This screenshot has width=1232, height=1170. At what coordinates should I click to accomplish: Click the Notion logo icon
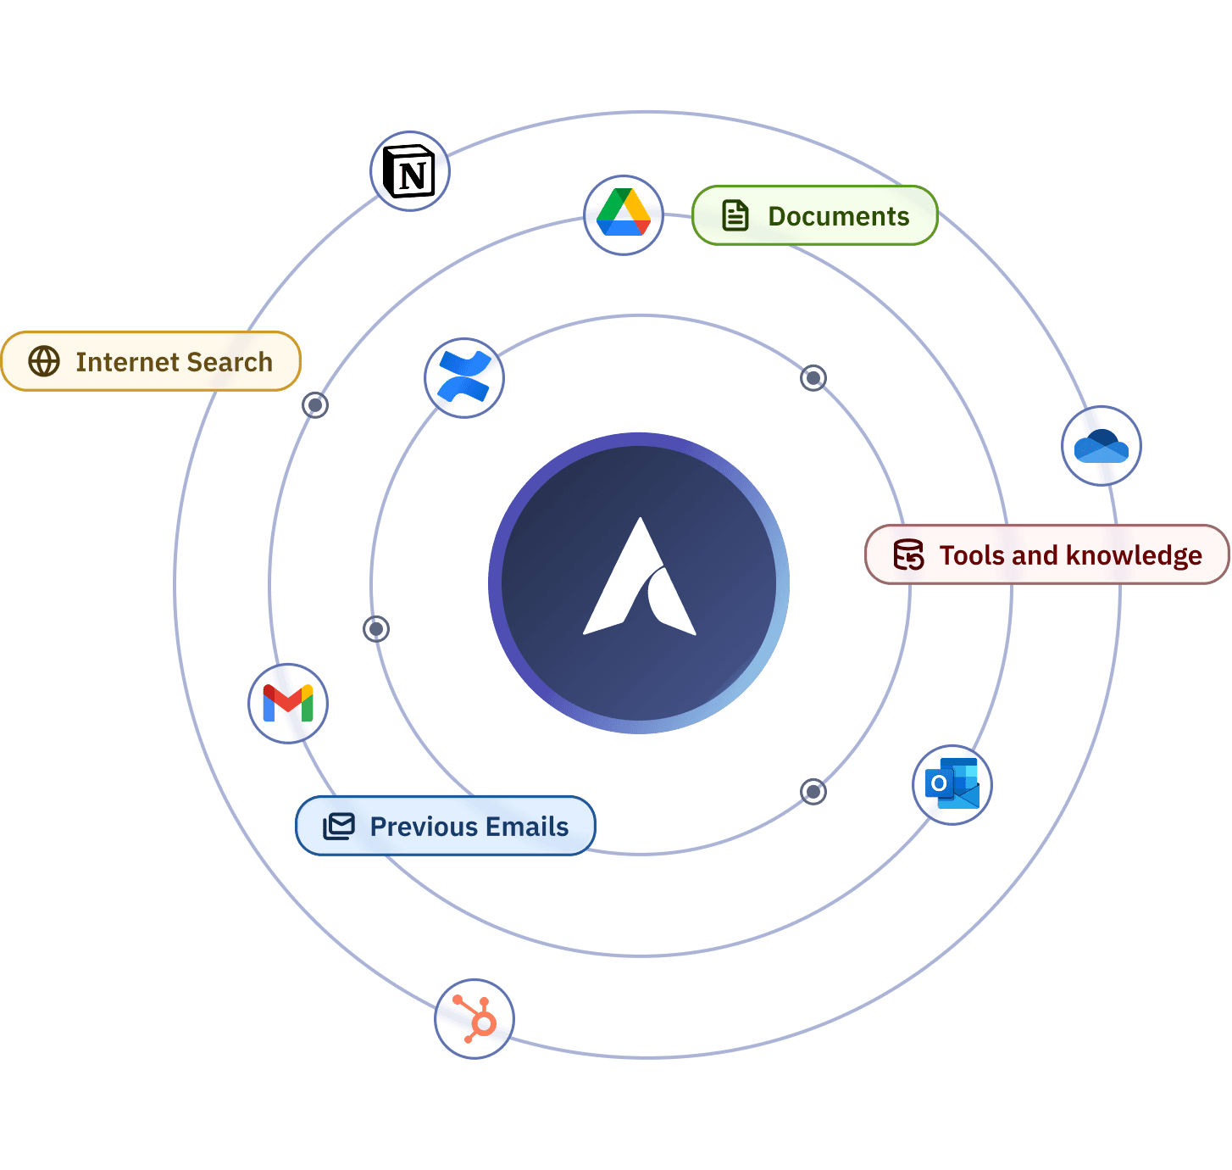click(x=409, y=171)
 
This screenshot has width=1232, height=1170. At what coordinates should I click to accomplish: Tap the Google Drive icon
click(x=624, y=214)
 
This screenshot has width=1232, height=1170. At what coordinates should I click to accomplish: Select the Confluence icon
click(x=463, y=378)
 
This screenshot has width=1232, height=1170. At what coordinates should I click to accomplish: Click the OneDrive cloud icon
click(x=1101, y=446)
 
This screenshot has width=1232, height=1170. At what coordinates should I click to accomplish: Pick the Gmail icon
click(x=288, y=704)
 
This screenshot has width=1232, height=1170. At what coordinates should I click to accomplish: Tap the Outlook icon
click(x=952, y=785)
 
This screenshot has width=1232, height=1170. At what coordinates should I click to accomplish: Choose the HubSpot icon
click(x=474, y=1018)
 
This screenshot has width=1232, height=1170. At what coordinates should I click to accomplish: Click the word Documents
click(x=838, y=216)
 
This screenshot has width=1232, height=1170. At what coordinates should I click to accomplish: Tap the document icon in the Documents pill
click(x=735, y=215)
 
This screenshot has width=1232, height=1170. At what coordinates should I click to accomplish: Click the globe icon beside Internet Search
click(x=44, y=361)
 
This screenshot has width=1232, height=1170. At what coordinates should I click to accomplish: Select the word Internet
click(x=126, y=362)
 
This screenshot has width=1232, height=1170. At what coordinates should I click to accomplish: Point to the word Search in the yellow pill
click(x=230, y=362)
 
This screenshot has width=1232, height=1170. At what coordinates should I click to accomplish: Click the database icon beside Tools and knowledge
click(x=908, y=554)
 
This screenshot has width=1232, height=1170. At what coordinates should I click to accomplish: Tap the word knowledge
click(x=1134, y=555)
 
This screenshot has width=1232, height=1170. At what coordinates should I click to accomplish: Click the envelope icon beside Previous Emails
click(x=339, y=826)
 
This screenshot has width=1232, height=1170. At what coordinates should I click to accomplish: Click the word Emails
click(x=529, y=827)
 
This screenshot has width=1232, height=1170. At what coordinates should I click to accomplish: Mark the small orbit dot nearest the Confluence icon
click(x=315, y=404)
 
